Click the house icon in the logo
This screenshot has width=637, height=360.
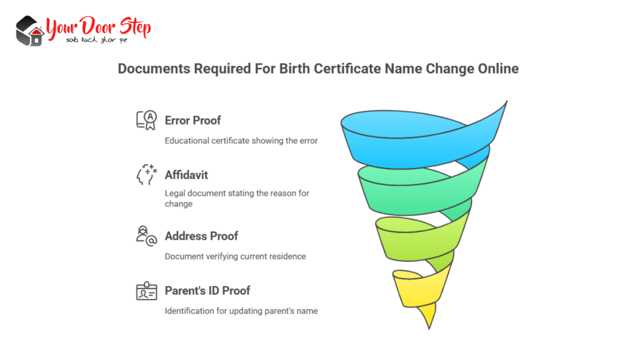[x=29, y=31]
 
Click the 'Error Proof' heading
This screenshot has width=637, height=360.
[x=193, y=120]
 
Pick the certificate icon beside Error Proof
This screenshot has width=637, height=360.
[x=147, y=120]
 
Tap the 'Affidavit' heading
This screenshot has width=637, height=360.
[x=186, y=175]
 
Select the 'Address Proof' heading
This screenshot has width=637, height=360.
[x=202, y=236]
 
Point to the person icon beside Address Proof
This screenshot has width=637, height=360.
[x=147, y=236]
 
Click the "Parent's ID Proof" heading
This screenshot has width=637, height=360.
[x=208, y=290]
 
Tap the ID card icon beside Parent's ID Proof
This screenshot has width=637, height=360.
[x=147, y=291]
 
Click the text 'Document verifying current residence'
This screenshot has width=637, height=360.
[x=235, y=256]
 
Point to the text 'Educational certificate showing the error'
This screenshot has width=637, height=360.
[x=241, y=141]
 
